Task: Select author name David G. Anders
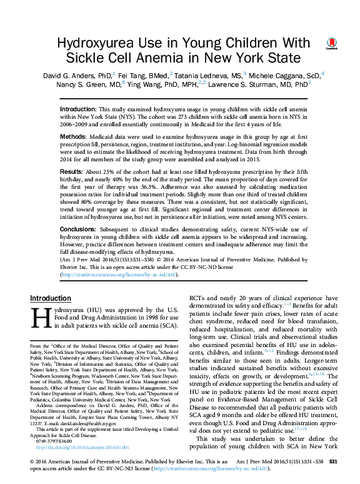pyautogui.click(x=69, y=75)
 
